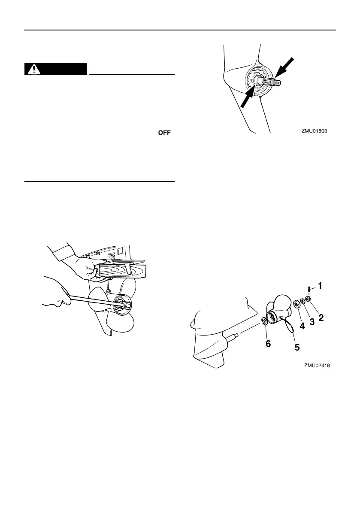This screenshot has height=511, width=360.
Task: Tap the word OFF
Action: pyautogui.click(x=164, y=133)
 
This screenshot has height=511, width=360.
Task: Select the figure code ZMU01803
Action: pyautogui.click(x=316, y=132)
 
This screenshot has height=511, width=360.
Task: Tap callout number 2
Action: pyautogui.click(x=320, y=318)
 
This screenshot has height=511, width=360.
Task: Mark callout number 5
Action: pyautogui.click(x=296, y=347)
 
